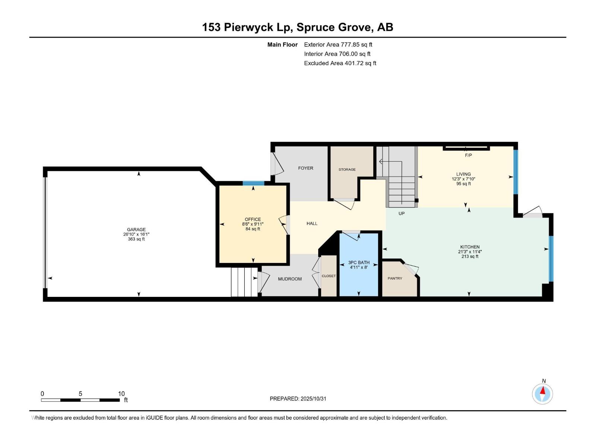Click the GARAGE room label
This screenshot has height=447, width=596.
click(136, 229)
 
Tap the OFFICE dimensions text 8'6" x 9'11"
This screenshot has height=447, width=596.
click(253, 224)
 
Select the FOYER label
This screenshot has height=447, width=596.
click(305, 168)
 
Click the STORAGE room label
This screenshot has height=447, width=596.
click(347, 169)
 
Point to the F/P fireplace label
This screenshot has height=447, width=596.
click(468, 155)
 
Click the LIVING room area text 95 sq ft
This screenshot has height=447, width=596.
click(463, 184)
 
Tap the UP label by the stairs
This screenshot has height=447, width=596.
click(402, 213)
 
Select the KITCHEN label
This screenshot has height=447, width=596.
click(470, 247)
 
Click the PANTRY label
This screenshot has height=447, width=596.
click(395, 278)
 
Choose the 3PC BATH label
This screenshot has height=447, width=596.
click(359, 263)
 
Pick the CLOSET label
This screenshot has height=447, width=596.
click(329, 276)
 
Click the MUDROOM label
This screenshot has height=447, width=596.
click(290, 279)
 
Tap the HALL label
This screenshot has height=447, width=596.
click(312, 223)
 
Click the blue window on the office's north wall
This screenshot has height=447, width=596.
click(253, 183)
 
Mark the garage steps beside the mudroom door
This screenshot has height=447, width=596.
click(244, 282)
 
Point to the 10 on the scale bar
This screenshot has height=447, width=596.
click(121, 394)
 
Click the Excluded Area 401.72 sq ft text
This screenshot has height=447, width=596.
click(340, 63)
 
